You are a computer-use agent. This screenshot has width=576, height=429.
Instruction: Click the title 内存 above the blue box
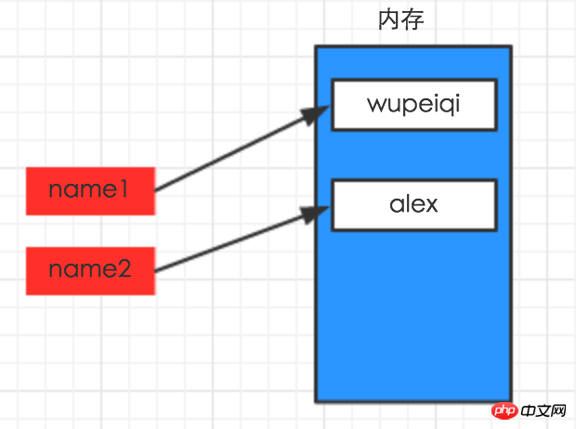(400, 19)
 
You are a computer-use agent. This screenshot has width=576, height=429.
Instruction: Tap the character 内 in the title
(388, 19)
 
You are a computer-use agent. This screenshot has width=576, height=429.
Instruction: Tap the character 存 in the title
(412, 19)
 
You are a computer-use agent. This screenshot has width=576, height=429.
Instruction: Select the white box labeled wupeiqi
(413, 104)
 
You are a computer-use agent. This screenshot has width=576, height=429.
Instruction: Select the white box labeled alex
(413, 204)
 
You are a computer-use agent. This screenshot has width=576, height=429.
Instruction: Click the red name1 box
(89, 190)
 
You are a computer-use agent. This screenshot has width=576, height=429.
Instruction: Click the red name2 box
(89, 270)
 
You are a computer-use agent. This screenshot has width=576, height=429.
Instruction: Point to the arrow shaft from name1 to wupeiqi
(232, 153)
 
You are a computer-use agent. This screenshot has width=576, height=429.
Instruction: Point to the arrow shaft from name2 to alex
(232, 242)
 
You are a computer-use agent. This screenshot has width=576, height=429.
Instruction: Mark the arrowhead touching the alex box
(319, 213)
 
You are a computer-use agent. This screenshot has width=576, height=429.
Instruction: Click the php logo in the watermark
(502, 409)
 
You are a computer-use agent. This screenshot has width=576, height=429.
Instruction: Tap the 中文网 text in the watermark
(544, 409)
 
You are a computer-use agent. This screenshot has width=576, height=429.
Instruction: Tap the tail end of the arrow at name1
(155, 190)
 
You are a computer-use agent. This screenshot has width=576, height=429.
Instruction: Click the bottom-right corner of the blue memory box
(511, 401)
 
